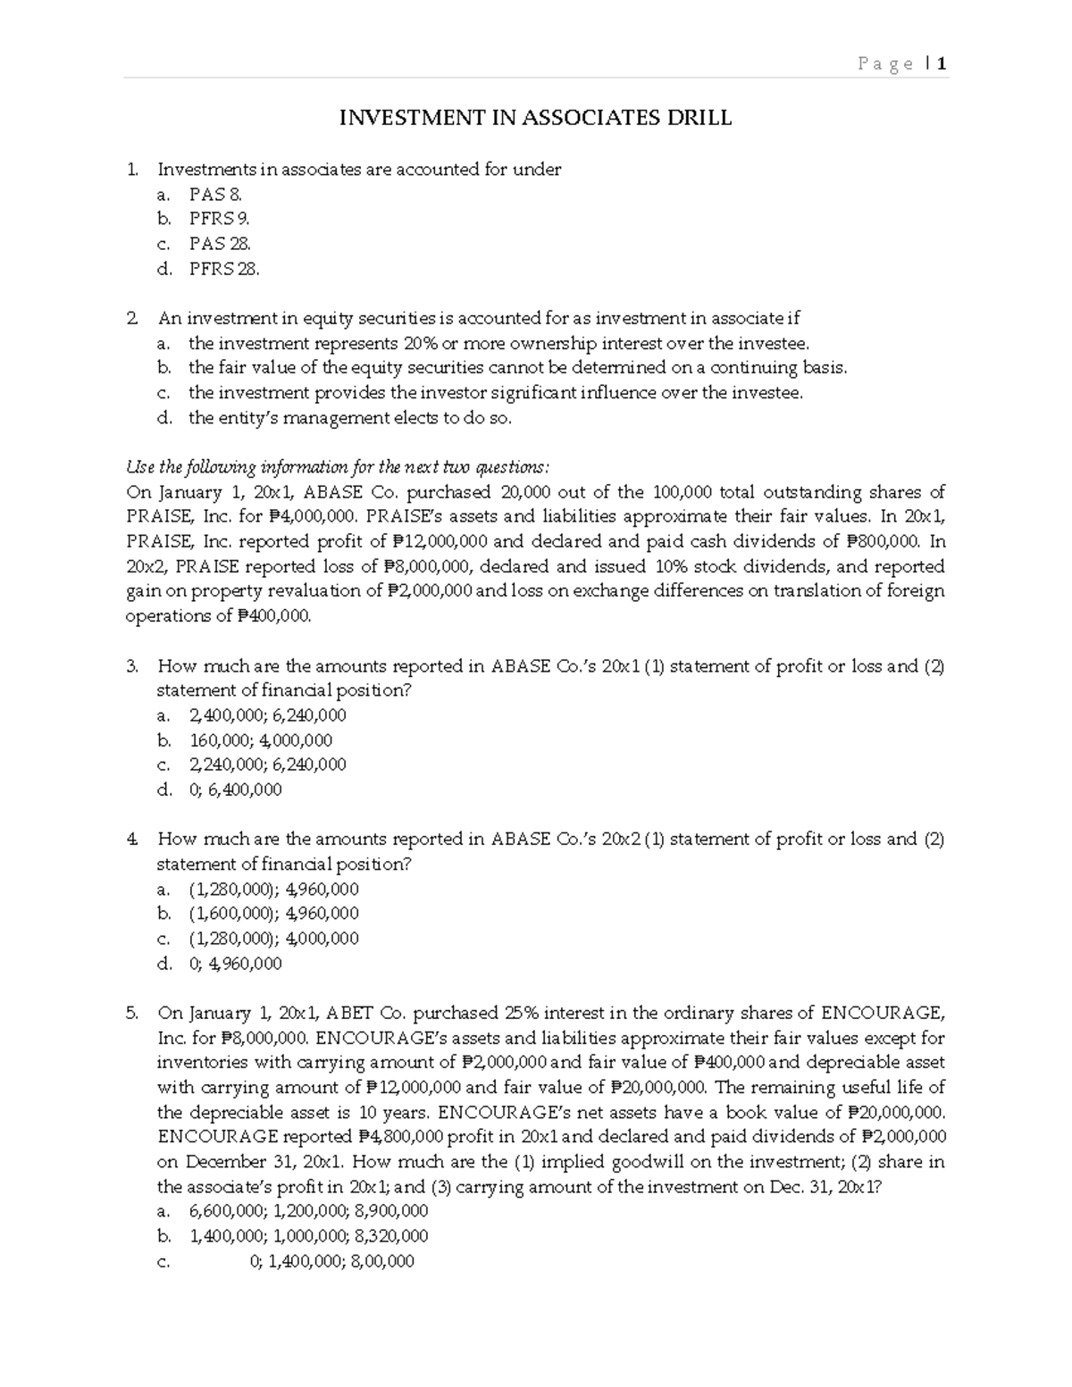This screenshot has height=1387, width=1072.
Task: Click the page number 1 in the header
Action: point(942,63)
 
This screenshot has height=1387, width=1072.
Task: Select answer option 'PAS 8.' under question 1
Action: point(215,194)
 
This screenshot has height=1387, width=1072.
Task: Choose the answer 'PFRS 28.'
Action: point(223,269)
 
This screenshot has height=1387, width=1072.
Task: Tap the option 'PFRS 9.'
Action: point(219,219)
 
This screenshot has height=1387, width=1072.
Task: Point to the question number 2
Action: point(132,318)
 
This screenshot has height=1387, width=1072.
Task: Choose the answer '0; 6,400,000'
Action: point(235,790)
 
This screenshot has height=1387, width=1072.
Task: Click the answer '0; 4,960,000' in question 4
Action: point(235,964)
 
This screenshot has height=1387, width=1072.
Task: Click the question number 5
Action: point(132,1013)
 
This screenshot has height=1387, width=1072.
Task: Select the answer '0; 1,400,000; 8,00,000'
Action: point(331,1261)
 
